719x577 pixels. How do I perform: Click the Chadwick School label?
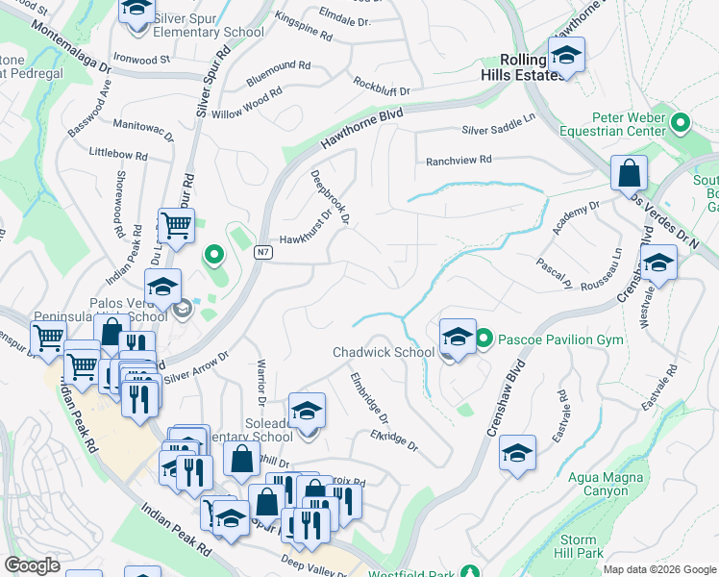384,352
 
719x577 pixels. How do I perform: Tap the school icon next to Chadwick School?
458,337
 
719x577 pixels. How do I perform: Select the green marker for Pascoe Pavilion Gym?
484,339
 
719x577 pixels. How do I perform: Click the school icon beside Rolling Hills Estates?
566,55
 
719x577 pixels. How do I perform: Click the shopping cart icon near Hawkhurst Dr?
176,226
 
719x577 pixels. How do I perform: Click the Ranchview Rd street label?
459,160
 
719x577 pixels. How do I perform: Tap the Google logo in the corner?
32,564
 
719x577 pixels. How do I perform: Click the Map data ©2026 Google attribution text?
658,569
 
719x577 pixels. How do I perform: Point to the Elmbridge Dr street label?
369,398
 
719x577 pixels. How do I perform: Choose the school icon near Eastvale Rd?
517,454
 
